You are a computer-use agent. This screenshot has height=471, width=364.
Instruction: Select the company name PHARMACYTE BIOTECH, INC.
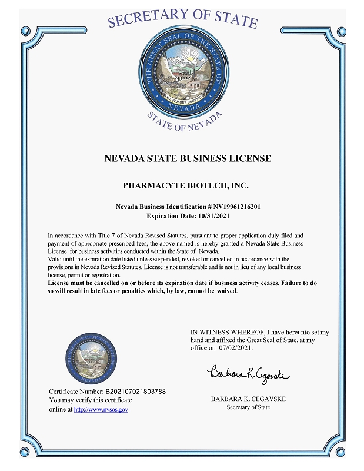[x=186, y=185]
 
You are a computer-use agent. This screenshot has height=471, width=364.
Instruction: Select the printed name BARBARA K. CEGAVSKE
[x=248, y=399]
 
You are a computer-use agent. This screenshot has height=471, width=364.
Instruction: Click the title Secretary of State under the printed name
[x=248, y=407]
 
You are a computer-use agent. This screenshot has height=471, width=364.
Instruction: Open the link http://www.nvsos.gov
[x=101, y=409]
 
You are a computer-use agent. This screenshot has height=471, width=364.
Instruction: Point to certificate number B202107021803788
[x=135, y=391]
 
